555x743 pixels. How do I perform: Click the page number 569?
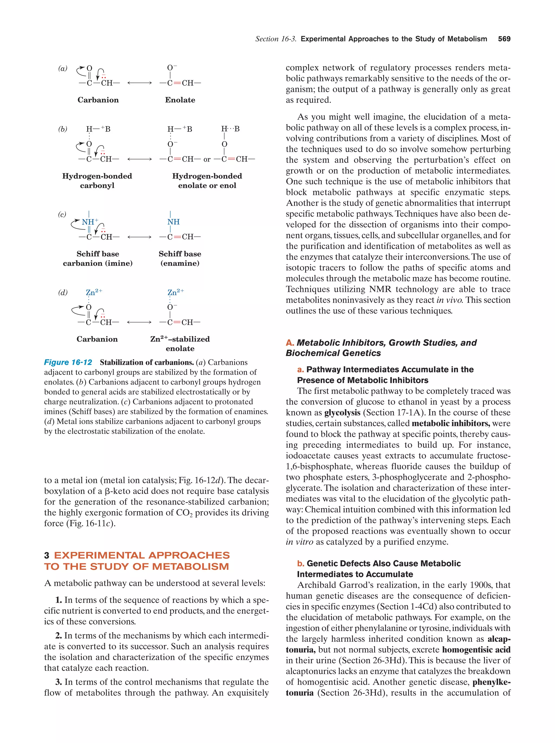504,39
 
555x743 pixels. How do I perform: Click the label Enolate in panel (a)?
180,100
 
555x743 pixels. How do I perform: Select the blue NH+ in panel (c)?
90,222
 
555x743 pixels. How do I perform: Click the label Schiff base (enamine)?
180,258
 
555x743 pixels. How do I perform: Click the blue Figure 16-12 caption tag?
68,362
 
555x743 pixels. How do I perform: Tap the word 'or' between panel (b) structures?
207,160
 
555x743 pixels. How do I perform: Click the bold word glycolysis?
342,413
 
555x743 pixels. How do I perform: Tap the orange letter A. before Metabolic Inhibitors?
290,343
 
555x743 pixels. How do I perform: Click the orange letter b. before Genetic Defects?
301,563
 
